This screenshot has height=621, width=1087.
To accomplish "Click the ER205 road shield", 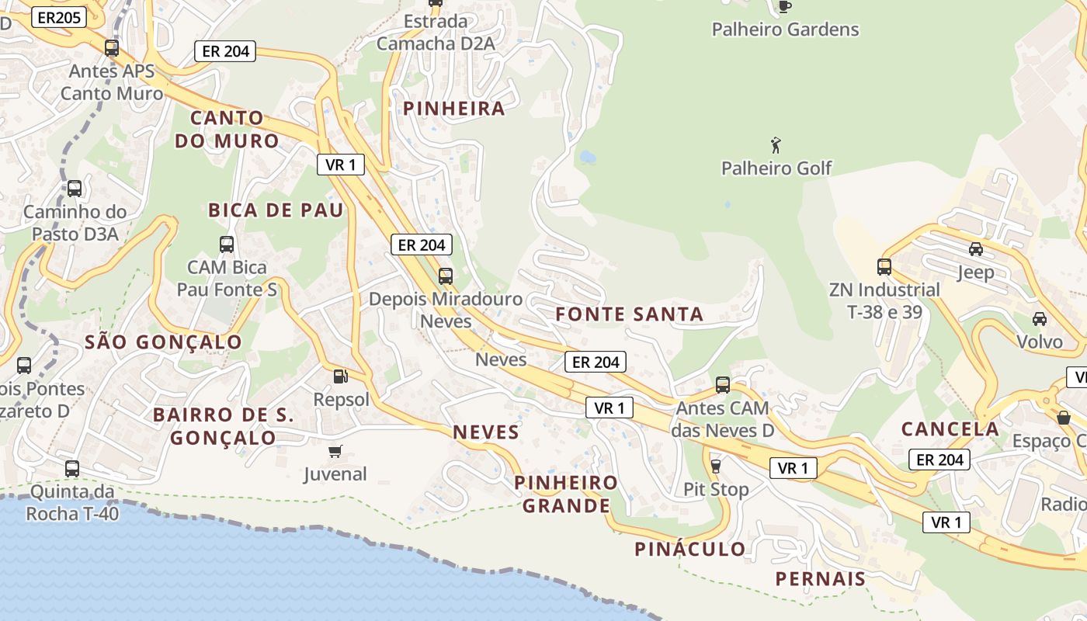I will click(59, 17).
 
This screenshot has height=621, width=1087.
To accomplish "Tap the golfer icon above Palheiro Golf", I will click(775, 145).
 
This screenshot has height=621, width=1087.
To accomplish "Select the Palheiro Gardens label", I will click(785, 29).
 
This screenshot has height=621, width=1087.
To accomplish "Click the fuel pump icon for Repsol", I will click(339, 376).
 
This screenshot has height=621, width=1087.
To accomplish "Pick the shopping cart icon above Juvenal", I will click(335, 451).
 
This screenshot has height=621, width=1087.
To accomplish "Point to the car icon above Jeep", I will click(975, 249).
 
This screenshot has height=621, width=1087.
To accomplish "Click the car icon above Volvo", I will click(1039, 318).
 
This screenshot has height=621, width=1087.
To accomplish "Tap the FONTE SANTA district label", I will click(630, 314).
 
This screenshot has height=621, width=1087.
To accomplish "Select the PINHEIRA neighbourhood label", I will click(454, 109).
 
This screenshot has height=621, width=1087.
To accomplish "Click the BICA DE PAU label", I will click(276, 210).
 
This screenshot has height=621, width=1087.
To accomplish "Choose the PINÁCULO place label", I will click(690, 550).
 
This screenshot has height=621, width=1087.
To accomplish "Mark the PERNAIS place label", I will click(821, 579).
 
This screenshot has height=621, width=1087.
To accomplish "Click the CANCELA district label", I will click(950, 429).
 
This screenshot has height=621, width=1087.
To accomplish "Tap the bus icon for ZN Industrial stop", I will click(884, 267).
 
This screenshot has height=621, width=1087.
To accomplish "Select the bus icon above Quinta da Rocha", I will click(71, 469).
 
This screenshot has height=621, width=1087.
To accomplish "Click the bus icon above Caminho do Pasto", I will click(75, 189).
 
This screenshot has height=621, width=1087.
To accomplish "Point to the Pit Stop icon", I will click(715, 466).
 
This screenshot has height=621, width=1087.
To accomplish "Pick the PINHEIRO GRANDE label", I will click(566, 494).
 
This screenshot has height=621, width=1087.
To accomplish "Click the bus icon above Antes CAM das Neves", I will click(722, 384).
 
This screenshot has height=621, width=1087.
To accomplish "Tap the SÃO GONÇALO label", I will click(163, 342).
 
